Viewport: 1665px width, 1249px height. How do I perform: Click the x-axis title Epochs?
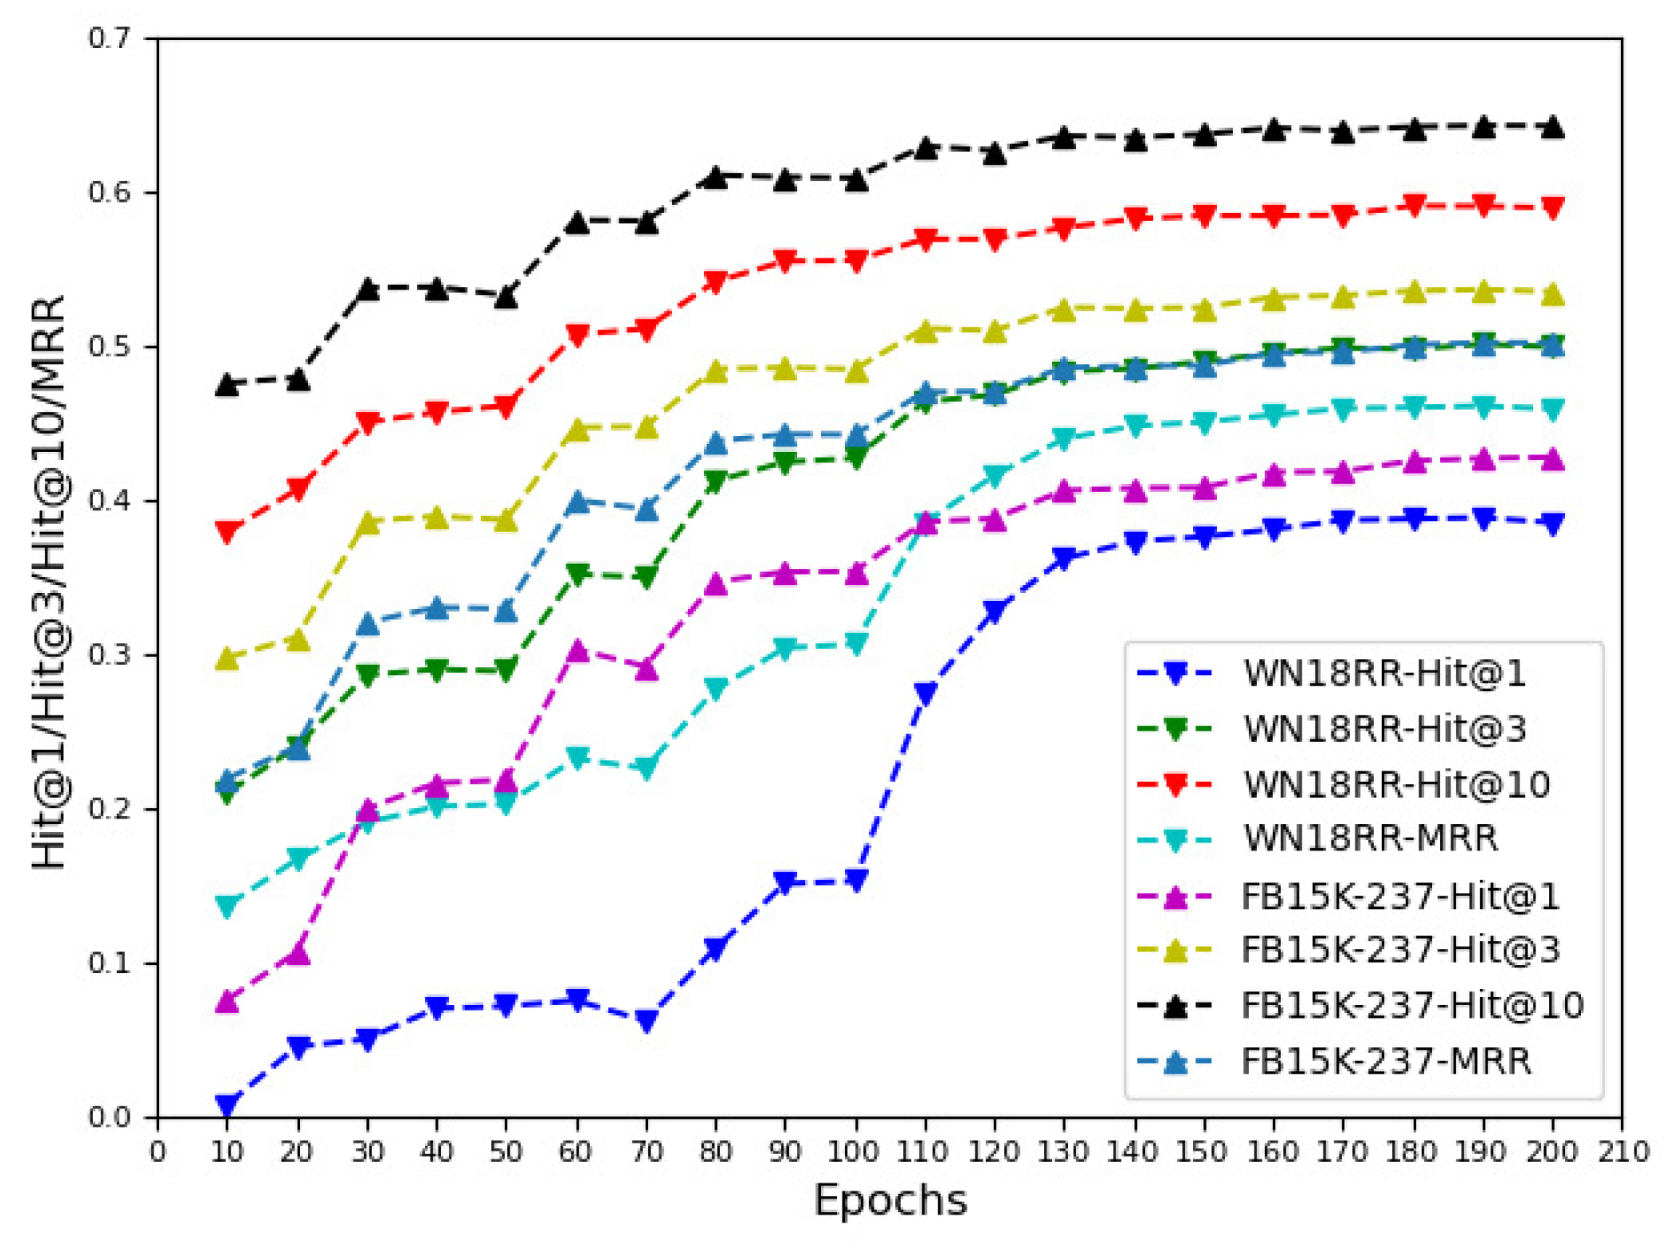890,1200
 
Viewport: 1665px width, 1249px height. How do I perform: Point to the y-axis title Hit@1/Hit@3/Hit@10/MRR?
50,582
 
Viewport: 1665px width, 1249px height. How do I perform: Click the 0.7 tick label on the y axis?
110,38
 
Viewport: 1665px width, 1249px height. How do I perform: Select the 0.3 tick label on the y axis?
110,655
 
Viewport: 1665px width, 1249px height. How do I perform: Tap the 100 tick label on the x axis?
855,1151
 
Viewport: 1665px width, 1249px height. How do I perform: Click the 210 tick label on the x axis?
1621,1151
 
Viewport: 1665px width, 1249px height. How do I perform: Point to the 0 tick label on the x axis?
158,1151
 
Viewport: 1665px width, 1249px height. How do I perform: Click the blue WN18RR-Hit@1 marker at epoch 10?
227,1105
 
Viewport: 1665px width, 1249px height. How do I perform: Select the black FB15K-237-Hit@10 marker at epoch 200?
1552,126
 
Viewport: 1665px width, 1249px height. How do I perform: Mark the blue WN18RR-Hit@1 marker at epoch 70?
646,1020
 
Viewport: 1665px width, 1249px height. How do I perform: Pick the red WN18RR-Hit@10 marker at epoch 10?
227,530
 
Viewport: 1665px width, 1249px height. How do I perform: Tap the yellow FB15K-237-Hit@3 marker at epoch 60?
577,430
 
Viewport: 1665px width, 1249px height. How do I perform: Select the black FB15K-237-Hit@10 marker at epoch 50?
506,296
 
